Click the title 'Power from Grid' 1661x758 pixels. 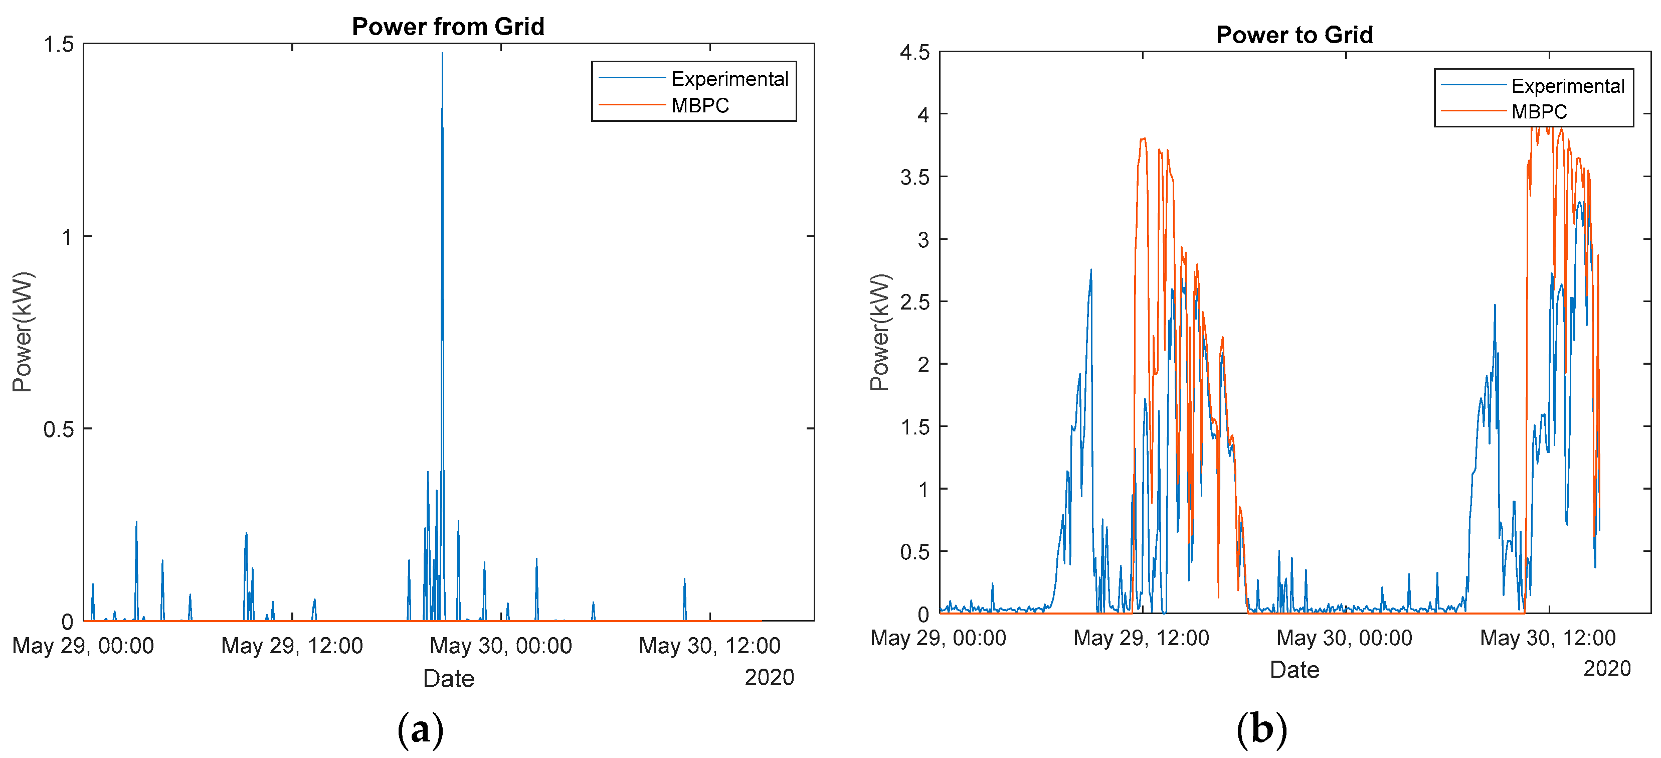pos(448,27)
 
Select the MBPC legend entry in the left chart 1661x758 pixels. pos(699,105)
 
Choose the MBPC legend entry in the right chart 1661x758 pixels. pos(1539,111)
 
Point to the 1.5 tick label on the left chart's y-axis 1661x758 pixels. pos(58,45)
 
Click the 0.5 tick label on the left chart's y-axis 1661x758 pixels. pos(58,429)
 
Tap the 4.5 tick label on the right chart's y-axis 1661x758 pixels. pos(914,52)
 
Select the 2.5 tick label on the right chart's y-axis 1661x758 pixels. pos(914,302)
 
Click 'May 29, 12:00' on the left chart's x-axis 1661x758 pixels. pos(292,646)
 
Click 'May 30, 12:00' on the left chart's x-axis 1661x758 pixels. pos(709,646)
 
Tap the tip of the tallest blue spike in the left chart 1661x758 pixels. pos(442,54)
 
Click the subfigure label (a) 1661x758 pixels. pos(421,729)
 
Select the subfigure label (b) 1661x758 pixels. pos(1261,729)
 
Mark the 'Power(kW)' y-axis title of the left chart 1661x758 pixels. pos(23,332)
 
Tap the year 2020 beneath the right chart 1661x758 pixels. pos(1606,668)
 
